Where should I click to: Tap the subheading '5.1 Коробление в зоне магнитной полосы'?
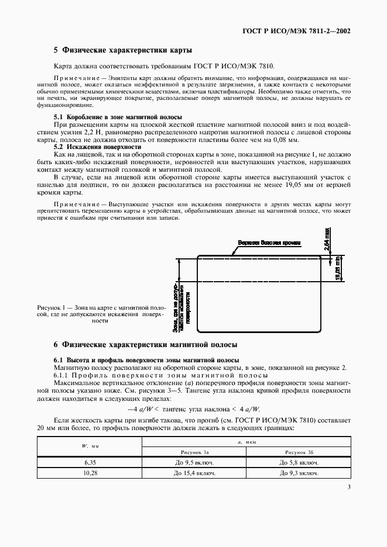pyautogui.click(x=118, y=117)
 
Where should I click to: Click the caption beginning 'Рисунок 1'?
pyautogui.click(x=101, y=314)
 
